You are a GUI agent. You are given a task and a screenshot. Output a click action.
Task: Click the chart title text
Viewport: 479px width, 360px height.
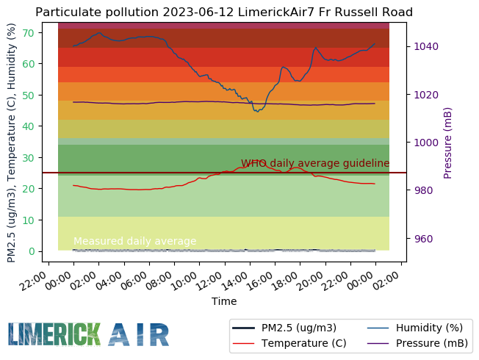coord(224,12)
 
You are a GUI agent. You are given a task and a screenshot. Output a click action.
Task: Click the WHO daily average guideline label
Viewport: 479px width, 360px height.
coord(315,163)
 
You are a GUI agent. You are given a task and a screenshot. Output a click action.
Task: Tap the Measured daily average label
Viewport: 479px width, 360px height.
coord(135,241)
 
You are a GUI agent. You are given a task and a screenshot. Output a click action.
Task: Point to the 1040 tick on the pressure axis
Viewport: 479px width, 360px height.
coord(427,46)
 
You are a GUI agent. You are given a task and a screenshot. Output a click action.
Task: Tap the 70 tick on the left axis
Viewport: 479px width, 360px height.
coord(27,32)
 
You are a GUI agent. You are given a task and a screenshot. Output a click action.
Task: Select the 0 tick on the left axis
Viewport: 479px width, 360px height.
coord(30,251)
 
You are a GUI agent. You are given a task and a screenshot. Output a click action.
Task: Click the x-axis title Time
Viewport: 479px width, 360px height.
coord(224,301)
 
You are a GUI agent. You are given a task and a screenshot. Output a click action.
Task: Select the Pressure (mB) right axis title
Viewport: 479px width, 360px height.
coord(448,142)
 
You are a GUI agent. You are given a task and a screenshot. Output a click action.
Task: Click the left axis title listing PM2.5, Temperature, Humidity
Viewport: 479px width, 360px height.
coord(11,142)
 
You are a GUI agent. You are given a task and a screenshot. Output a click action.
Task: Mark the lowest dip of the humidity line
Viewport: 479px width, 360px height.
coord(256,111)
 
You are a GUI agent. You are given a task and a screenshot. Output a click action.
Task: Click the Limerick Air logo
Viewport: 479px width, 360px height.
coord(89,334)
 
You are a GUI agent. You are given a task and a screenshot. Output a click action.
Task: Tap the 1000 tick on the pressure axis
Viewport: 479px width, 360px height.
coord(427,143)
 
